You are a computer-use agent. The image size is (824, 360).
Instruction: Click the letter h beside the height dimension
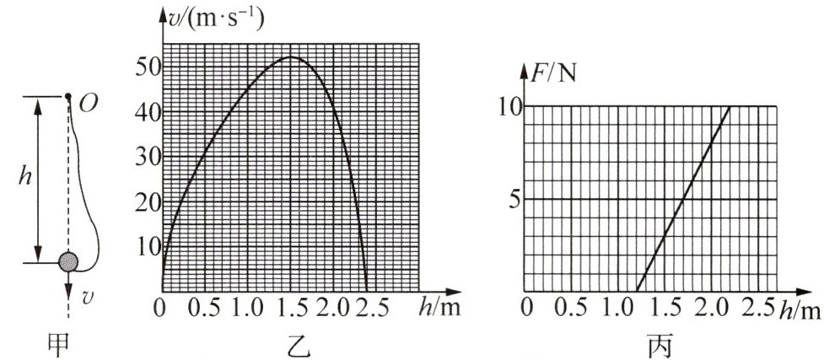tap(29, 179)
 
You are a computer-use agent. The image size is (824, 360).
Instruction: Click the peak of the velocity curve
tap(290, 56)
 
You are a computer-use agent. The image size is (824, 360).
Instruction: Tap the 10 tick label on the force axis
tap(509, 106)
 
